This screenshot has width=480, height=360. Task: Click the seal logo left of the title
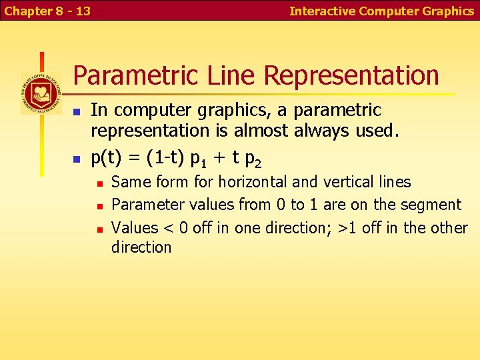click(x=41, y=93)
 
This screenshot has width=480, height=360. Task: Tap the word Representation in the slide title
click(x=351, y=75)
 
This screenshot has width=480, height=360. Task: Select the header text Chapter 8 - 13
click(x=47, y=11)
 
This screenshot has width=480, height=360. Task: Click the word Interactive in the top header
click(x=323, y=11)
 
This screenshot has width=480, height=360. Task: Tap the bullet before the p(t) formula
click(x=77, y=159)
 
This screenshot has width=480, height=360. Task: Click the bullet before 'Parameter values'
click(x=98, y=206)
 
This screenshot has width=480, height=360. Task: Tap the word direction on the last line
click(x=141, y=247)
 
